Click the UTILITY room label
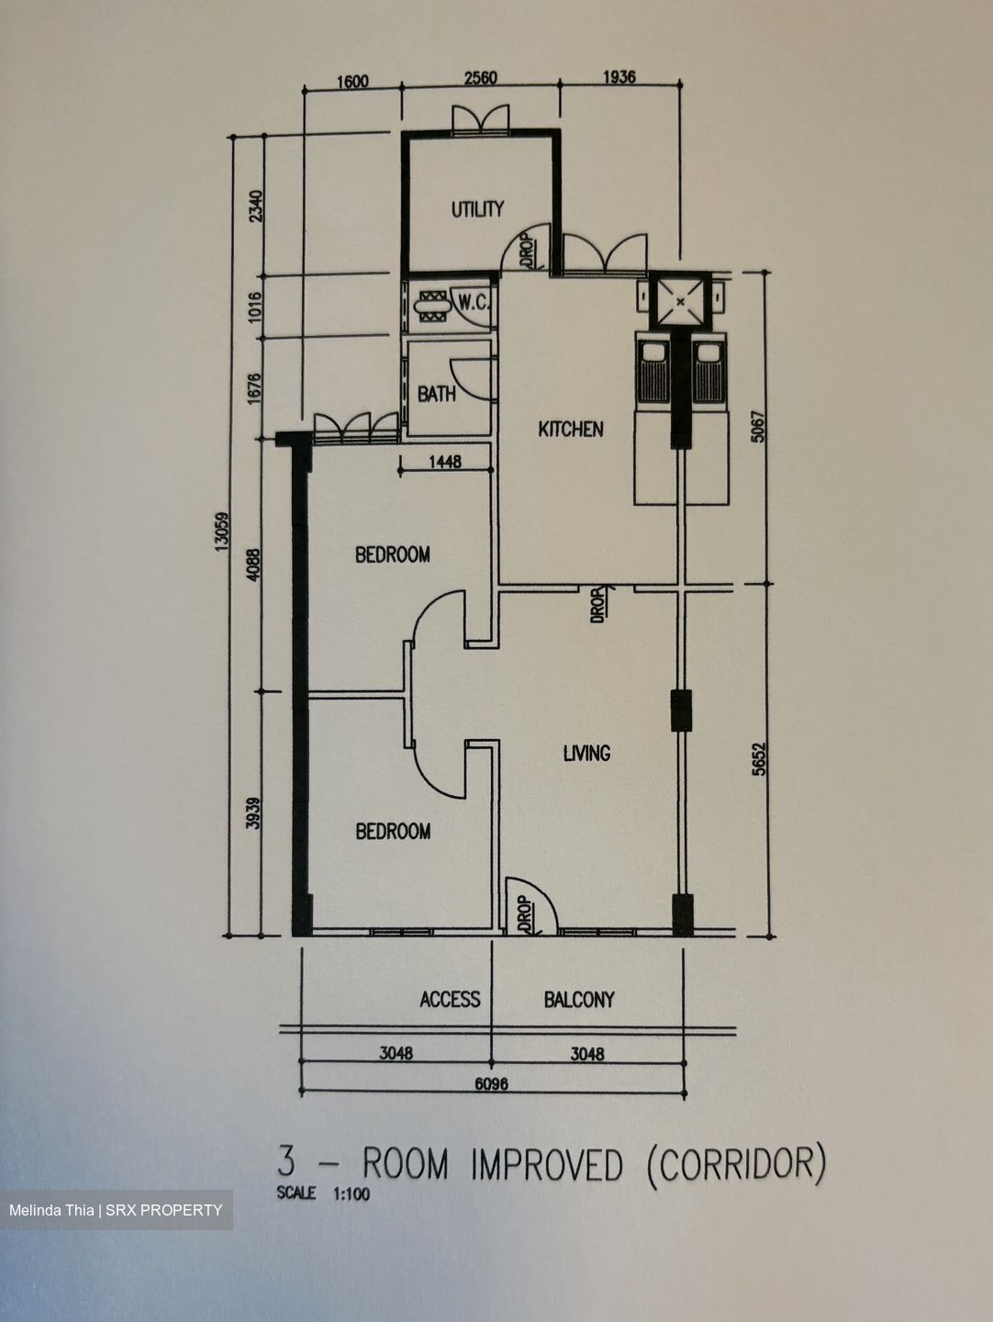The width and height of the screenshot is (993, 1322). [x=477, y=209]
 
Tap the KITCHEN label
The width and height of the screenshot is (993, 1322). [x=571, y=430]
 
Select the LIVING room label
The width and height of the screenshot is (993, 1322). [x=586, y=753]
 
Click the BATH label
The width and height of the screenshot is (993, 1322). [x=436, y=395]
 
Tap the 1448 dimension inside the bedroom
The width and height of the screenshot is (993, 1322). [x=445, y=462]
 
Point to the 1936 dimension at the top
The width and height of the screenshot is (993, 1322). [x=619, y=77]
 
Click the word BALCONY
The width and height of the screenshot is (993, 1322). [x=579, y=1001]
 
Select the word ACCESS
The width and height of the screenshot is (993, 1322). [x=451, y=1000]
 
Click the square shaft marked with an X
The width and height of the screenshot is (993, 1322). [x=681, y=300]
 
